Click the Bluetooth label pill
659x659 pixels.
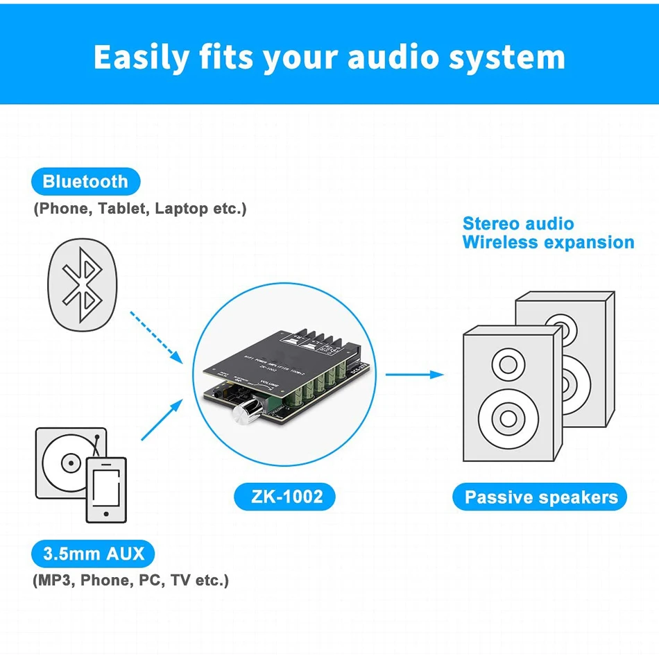85,182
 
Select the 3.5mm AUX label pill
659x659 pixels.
94,554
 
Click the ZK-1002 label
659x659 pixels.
287,497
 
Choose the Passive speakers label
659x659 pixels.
541,497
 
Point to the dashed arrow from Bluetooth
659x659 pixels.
156,337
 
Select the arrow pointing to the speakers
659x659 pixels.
414,375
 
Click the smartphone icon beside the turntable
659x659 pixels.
106,488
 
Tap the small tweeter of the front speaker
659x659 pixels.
508,363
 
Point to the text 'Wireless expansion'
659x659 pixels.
548,243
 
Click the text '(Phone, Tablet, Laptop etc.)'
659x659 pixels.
139,209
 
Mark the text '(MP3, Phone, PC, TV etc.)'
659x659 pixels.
130,581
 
